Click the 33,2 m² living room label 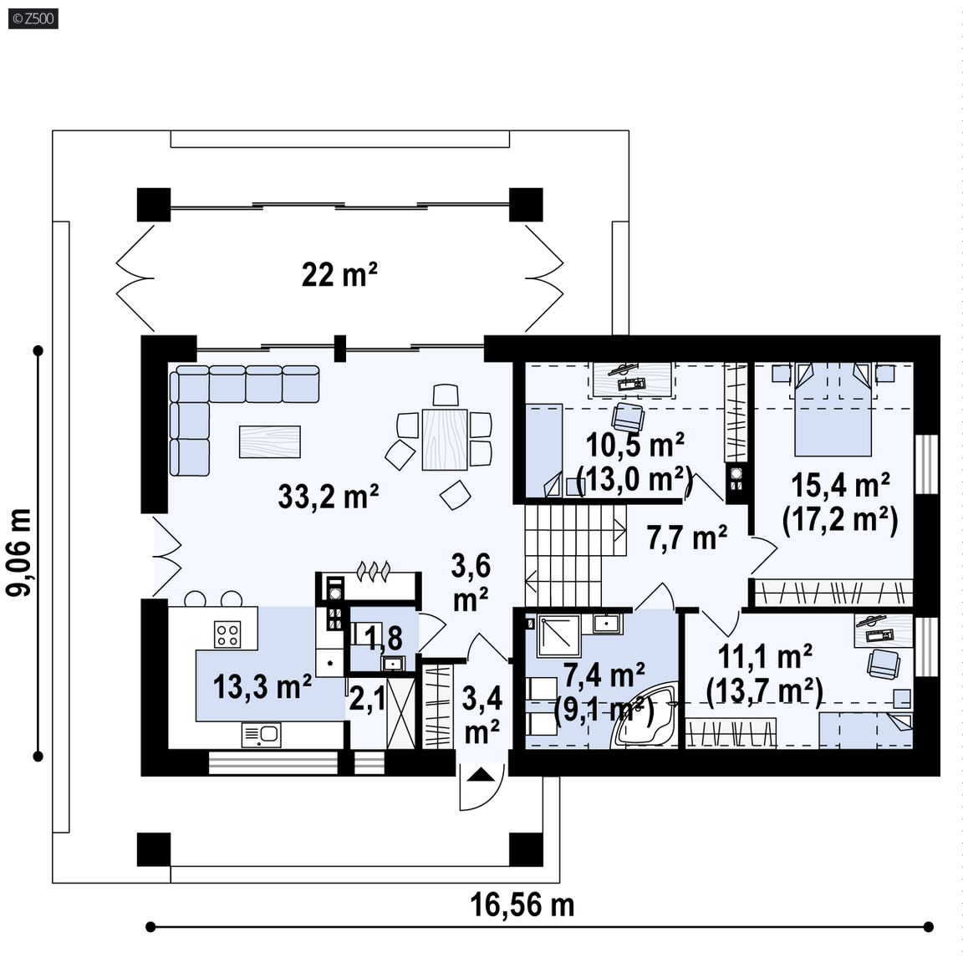tap(328, 497)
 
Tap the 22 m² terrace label tap(339, 274)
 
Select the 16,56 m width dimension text tap(522, 905)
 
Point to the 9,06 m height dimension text tap(19, 552)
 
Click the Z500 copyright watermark tap(33, 18)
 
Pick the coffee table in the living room tap(270, 441)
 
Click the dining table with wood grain tap(445, 439)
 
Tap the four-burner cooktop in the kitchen tap(227, 634)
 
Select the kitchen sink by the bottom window tap(261, 735)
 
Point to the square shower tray tap(558, 636)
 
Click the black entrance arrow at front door tap(481, 775)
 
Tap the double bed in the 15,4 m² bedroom tap(833, 409)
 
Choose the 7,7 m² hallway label tap(686, 538)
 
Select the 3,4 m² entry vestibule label tap(481, 715)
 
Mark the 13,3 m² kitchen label tap(262, 686)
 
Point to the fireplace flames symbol tap(372, 571)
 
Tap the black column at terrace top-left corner tap(154, 205)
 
